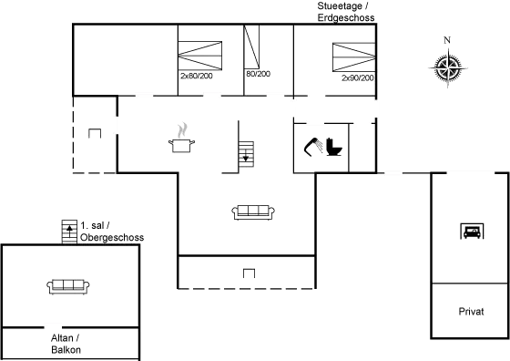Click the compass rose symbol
pyautogui.click(x=446, y=69)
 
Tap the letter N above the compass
pyautogui.click(x=446, y=40)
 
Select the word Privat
pyautogui.click(x=471, y=312)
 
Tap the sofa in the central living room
pyautogui.click(x=253, y=211)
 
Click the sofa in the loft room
pyautogui.click(x=66, y=285)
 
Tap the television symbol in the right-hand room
pyautogui.click(x=472, y=230)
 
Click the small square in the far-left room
pyautogui.click(x=94, y=133)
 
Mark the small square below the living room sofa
pyautogui.click(x=248, y=272)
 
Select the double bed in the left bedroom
pyautogui.click(x=199, y=60)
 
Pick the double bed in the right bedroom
pyautogui.click(x=353, y=60)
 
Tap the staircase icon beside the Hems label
pyautogui.click(x=67, y=232)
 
